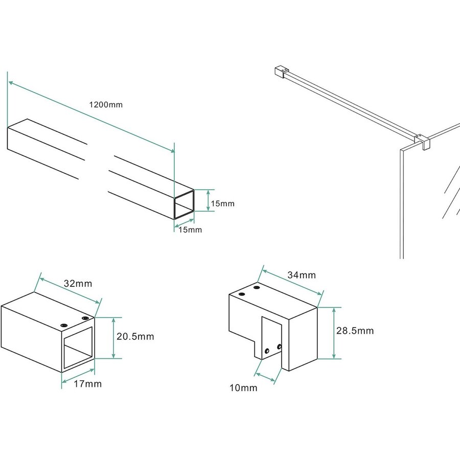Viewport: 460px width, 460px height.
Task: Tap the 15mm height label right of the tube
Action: pos(222,203)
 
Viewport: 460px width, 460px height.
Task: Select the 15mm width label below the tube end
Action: pos(190,230)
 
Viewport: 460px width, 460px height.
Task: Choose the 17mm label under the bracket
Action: pos(88,384)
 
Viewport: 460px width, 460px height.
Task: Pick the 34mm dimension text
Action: pos(302,275)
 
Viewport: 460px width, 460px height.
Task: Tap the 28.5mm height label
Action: pos(355,331)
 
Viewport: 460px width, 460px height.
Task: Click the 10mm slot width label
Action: pos(243,388)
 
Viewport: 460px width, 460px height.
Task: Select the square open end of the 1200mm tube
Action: pos(185,204)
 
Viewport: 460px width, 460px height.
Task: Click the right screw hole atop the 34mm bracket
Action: pos(256,289)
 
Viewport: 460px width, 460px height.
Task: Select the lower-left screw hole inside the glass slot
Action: pos(267,351)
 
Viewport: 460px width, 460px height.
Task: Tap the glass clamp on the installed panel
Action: pos(423,141)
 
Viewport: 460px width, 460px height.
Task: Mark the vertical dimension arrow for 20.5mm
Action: pos(113,337)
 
